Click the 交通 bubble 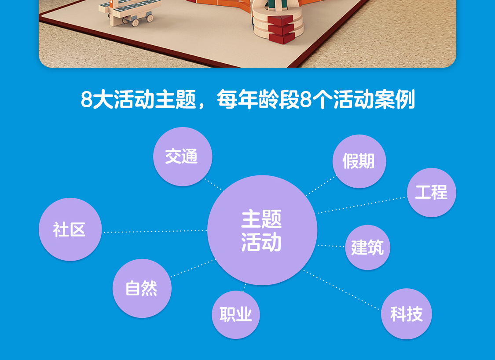(183, 156)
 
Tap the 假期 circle (359, 161)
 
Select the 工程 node (432, 193)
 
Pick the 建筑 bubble (367, 247)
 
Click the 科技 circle (406, 314)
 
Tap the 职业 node (236, 315)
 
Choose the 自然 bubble (142, 288)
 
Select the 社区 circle (70, 229)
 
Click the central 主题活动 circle (262, 230)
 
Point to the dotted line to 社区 (155, 231)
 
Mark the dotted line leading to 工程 (362, 205)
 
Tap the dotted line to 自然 (193, 268)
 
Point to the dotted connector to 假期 (321, 185)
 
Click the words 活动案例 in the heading (374, 100)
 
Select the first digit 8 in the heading (86, 100)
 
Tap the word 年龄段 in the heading (268, 100)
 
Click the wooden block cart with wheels (129, 12)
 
